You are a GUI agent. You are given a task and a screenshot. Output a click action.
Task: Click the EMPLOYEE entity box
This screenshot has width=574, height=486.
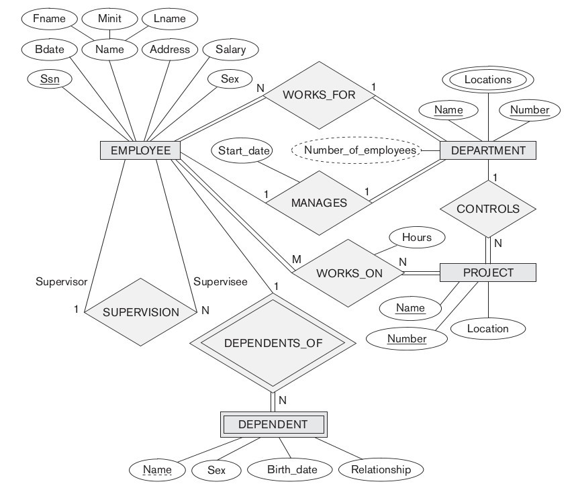point(140,150)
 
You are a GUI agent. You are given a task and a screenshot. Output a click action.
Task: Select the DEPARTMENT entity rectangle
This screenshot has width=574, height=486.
point(488,150)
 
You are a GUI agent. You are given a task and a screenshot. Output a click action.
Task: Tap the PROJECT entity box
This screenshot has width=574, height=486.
point(488,273)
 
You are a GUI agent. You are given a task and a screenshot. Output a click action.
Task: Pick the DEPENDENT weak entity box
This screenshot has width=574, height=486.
point(273,424)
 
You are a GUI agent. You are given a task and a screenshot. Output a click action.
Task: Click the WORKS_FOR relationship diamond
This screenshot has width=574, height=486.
point(318,95)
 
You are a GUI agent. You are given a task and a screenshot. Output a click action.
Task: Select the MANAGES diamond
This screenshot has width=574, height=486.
point(319,203)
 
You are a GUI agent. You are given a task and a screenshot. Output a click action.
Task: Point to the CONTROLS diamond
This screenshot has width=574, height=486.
point(488,209)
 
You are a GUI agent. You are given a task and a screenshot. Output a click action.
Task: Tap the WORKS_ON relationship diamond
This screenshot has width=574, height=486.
point(349,273)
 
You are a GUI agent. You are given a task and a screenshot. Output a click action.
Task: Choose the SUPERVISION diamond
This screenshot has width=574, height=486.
point(141,311)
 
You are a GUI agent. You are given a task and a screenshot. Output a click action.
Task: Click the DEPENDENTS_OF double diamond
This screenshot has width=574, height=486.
point(273,342)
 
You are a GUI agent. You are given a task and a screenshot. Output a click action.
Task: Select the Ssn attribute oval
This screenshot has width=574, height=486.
point(49,79)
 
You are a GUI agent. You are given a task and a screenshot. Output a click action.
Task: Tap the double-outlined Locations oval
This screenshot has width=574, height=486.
point(488,79)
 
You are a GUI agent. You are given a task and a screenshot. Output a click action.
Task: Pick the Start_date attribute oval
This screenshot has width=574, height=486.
point(244,150)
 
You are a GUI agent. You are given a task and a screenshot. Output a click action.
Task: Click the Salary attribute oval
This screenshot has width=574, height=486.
point(230,49)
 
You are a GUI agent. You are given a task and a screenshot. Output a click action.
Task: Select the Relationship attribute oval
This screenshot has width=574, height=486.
point(381,470)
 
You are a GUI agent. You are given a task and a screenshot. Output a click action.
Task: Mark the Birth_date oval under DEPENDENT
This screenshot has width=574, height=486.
point(291,470)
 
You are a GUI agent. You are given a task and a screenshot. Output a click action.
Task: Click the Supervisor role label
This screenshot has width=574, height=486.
point(61,282)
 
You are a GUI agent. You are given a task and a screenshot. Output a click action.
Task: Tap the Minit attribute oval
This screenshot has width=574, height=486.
point(109,18)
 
